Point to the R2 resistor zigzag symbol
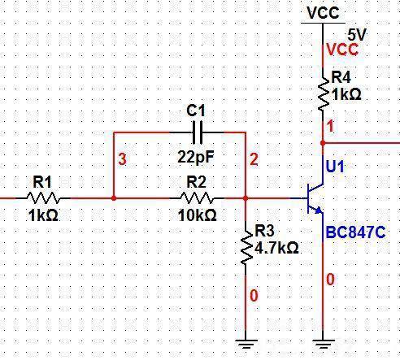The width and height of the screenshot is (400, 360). tap(198, 197)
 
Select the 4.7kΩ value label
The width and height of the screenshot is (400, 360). tap(277, 247)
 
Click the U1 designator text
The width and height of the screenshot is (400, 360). tap(335, 167)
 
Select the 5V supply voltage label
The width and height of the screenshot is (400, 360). tap(358, 35)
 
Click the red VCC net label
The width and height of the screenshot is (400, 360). tap(342, 50)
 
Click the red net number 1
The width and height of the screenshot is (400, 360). tap(330, 127)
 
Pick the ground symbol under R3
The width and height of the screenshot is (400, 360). tap(246, 341)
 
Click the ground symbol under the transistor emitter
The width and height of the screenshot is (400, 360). tap(324, 341)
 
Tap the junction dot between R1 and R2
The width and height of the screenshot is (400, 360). tap(114, 197)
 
